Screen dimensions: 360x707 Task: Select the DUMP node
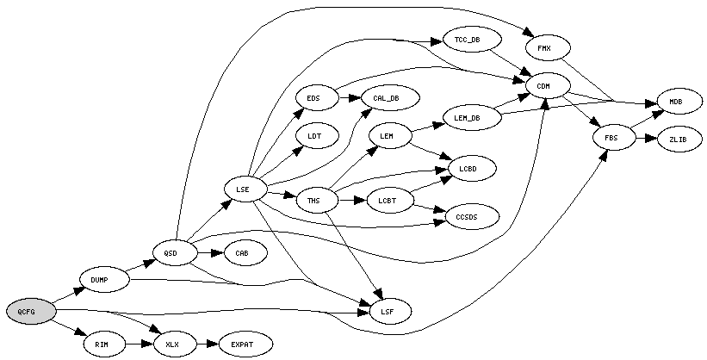click(103, 280)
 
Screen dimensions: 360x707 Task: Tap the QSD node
click(170, 252)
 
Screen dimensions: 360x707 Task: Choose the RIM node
click(101, 344)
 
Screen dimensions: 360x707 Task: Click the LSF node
click(386, 310)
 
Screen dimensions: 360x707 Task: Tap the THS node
click(313, 202)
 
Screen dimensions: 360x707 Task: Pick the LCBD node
click(468, 168)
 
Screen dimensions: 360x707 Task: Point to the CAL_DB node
click(386, 98)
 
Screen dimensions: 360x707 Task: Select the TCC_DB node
click(468, 39)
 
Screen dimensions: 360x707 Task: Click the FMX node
click(544, 47)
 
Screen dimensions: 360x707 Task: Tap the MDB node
click(675, 102)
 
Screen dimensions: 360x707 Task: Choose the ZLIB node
click(675, 139)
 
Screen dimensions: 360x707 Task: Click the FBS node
click(611, 138)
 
